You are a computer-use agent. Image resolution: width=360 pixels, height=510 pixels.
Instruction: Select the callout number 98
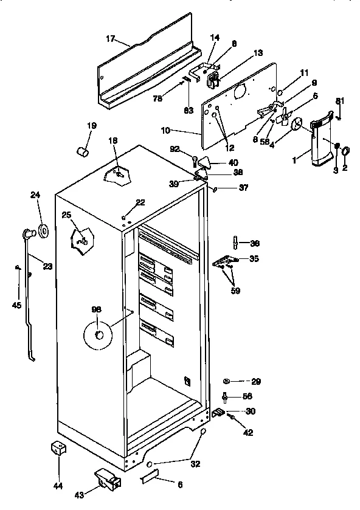tap(97, 310)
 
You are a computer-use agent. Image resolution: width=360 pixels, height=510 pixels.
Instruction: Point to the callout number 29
tap(255, 382)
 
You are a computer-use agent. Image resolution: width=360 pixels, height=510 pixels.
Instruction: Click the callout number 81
tap(340, 100)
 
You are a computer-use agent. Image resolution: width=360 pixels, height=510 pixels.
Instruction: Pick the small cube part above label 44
tap(58, 449)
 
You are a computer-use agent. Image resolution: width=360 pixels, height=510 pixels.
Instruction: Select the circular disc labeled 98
tap(98, 336)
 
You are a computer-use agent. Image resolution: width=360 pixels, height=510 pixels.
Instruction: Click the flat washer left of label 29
tap(227, 381)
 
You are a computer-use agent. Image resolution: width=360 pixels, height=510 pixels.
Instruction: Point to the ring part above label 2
tap(345, 151)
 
